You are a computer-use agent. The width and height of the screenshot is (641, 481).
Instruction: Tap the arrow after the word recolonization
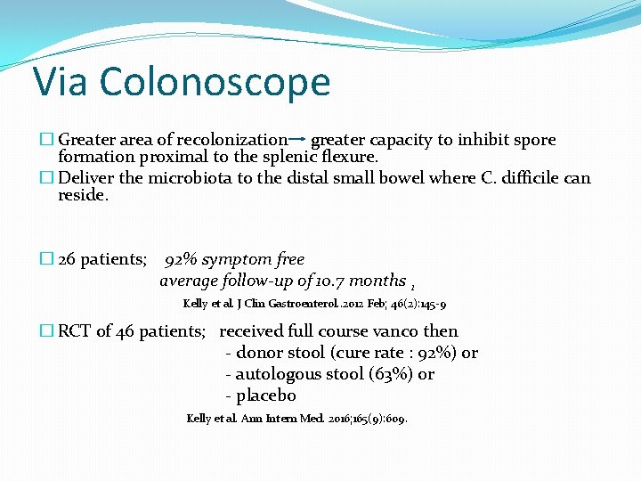coord(298,140)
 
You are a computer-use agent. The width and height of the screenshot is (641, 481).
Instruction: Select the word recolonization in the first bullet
coord(232,140)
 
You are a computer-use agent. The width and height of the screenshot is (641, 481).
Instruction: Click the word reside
coord(83,195)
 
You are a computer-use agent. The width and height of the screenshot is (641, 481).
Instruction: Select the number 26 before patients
coord(67,259)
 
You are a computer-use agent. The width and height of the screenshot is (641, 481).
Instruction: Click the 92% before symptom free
coord(181,259)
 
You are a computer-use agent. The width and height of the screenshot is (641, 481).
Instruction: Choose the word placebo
coord(266,395)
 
